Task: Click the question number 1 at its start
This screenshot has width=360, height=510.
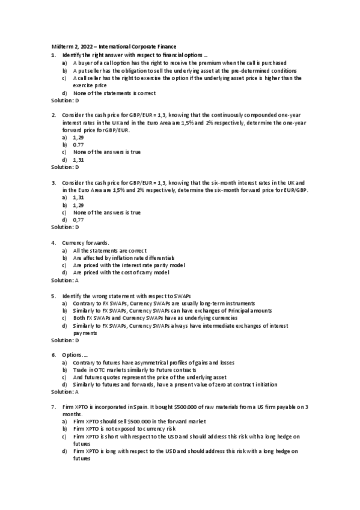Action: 53,55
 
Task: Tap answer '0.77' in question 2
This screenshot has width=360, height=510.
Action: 78,144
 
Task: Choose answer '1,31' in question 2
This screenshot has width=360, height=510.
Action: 78,159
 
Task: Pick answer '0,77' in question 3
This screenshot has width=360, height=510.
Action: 78,220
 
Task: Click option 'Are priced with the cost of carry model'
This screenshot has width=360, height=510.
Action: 121,272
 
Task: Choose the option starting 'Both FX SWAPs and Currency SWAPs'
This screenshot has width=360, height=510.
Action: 138,318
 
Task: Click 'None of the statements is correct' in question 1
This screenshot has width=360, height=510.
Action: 114,93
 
